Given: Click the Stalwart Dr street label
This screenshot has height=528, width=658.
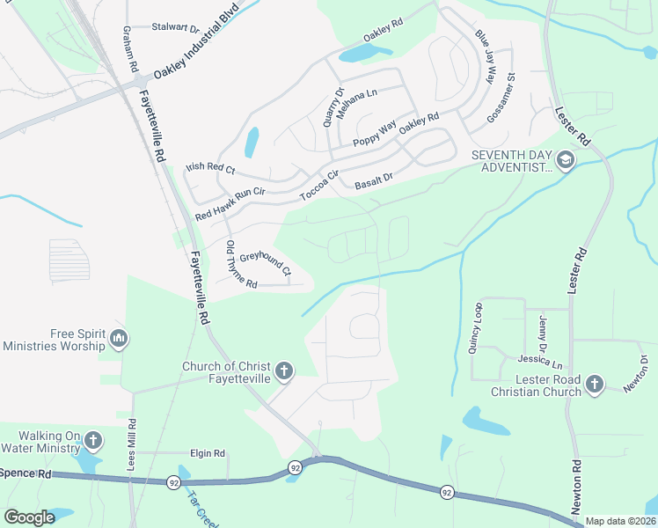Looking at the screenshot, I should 176,27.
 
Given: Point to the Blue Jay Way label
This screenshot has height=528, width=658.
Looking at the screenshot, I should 485,57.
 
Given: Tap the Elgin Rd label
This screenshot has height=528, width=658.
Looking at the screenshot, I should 208,453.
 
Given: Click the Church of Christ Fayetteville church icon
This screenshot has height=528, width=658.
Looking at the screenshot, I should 283,371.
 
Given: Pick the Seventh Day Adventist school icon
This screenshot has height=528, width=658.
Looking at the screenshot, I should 564,160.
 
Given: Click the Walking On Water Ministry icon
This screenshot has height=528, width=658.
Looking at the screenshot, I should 94,440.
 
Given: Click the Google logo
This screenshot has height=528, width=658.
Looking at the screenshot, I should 29,517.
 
